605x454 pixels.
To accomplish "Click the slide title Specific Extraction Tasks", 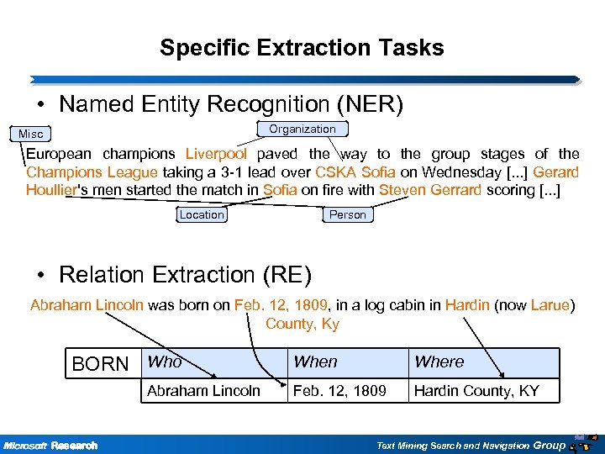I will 302,48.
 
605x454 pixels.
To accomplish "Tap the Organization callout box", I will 302,129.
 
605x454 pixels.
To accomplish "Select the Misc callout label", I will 31,134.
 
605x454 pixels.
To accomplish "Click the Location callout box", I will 202,214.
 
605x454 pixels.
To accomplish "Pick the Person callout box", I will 347,214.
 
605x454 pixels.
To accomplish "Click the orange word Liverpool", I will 216,154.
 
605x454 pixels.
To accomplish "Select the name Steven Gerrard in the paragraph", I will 430,189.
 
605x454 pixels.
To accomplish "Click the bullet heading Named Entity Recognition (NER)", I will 231,104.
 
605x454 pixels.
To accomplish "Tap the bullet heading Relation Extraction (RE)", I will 185,275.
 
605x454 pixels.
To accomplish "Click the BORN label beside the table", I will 101,364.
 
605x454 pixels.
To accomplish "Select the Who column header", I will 165,362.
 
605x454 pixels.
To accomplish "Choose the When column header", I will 315,362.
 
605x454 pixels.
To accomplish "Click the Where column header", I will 439,362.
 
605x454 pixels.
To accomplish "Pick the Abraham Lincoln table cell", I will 203,391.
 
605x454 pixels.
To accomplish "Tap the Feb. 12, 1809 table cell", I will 339,391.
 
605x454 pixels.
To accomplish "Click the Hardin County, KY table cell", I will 476,391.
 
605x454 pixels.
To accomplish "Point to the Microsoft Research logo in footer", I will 50,445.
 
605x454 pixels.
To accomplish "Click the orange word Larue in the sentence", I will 550,305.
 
